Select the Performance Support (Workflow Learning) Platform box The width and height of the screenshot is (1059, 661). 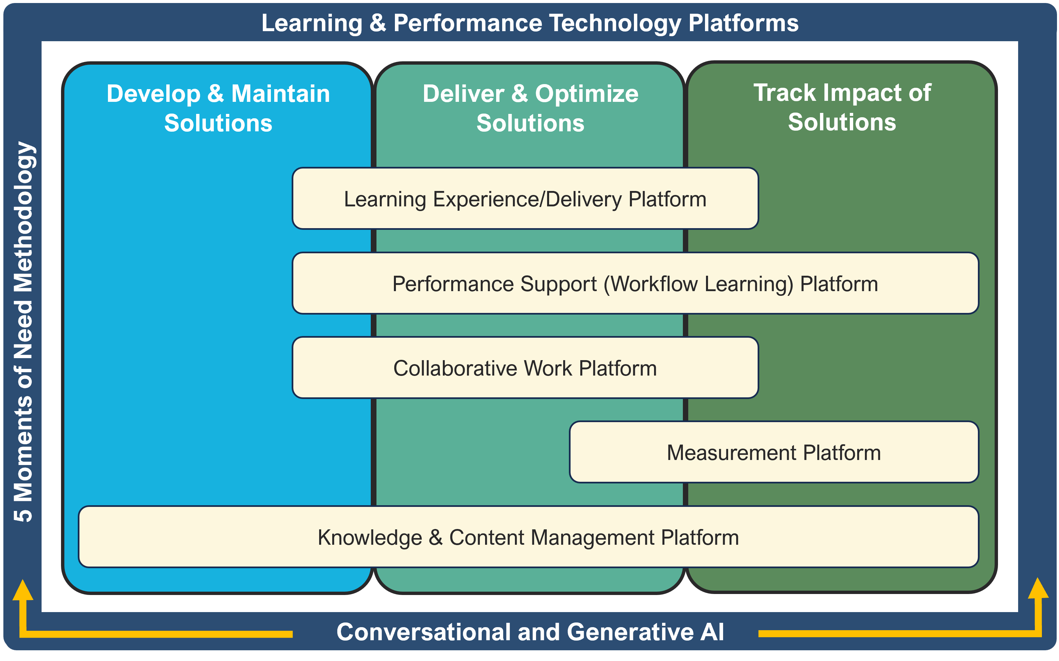click(x=635, y=283)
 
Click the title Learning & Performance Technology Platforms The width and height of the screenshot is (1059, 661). click(x=530, y=23)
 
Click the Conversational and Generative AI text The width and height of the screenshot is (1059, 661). click(x=530, y=632)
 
